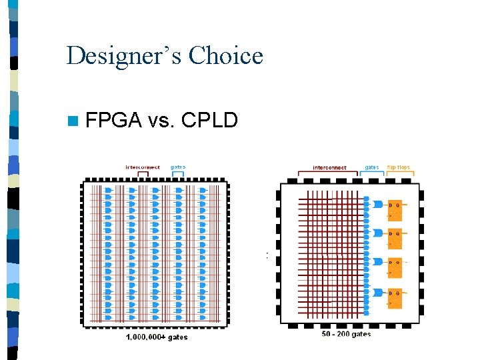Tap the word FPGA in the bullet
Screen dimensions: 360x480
coord(113,121)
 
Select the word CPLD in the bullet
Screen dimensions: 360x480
coord(209,121)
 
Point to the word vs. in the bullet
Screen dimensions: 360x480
coord(161,121)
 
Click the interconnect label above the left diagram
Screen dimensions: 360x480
coord(143,167)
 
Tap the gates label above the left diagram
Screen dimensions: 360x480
coord(178,167)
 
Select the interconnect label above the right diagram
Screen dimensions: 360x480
coord(329,167)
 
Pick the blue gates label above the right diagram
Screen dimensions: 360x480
coord(372,167)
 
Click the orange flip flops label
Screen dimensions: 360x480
coord(399,167)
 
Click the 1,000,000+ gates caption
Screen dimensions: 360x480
coord(157,337)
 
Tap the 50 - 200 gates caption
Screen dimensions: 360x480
coord(346,333)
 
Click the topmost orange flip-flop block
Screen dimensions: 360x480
coord(395,208)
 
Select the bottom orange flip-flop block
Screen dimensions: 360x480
coord(395,297)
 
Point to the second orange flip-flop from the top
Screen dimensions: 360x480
coord(395,238)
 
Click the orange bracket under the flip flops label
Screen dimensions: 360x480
coord(399,175)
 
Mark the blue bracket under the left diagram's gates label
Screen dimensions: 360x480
coord(178,174)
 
